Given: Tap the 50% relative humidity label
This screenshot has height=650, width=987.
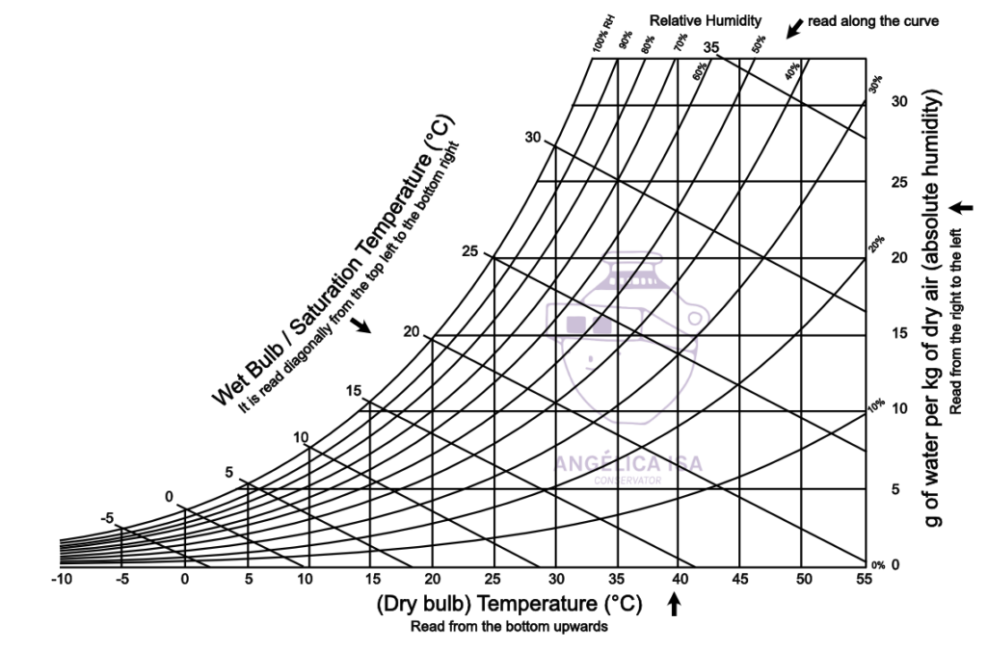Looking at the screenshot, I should click(x=760, y=43).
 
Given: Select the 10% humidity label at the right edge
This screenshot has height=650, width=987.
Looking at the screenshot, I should click(x=876, y=406).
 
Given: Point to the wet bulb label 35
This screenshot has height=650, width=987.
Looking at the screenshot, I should click(x=711, y=46).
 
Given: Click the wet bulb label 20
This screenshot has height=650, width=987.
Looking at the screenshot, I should click(x=412, y=331).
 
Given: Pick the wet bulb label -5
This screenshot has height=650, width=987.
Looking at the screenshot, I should click(x=108, y=518).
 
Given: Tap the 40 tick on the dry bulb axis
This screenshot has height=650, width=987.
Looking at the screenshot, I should click(x=680, y=579).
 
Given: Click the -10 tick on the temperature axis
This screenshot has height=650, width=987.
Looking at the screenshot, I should click(x=61, y=579).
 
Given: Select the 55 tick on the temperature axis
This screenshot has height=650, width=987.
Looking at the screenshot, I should click(x=863, y=579).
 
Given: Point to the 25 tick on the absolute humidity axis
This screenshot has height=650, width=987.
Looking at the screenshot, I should click(x=900, y=182).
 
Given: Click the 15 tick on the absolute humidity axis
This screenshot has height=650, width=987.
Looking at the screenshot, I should click(x=900, y=333).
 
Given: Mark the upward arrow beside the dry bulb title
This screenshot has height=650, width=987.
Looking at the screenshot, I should click(x=675, y=604).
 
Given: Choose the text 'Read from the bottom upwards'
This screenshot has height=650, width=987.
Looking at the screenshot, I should click(x=508, y=626).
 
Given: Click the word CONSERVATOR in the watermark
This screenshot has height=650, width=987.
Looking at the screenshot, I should click(x=627, y=479).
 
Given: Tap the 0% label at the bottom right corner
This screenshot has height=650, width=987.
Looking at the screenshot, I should click(x=877, y=565).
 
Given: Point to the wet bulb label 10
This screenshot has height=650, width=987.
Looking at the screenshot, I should click(x=301, y=437).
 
